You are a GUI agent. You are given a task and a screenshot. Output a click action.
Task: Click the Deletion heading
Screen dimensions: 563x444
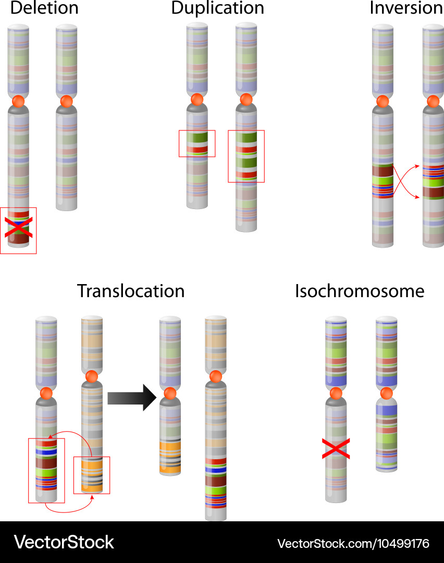pos(44,8)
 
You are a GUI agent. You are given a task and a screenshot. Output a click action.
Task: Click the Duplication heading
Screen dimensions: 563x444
pos(217,8)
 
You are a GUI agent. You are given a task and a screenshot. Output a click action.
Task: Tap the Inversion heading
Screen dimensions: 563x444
pos(406,8)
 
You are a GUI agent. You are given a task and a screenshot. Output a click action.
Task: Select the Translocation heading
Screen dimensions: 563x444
pos(131,291)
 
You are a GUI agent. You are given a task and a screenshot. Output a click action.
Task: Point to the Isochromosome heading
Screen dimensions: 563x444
pos(360,291)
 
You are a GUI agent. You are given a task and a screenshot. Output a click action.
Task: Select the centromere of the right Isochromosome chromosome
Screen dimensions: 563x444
pos(386,393)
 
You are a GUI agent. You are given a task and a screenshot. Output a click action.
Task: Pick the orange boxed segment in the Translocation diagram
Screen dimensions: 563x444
pos(92,474)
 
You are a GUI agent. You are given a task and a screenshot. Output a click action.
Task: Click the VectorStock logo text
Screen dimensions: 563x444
pos(64,542)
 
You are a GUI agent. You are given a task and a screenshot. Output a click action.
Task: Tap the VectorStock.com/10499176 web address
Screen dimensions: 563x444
pos(353,544)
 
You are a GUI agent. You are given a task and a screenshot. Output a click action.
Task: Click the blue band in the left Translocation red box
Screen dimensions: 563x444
pos(46,452)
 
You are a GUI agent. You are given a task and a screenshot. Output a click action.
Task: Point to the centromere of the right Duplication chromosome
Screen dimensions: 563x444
pos(246,99)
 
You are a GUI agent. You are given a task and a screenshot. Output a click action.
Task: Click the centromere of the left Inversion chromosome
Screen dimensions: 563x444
pos(383,102)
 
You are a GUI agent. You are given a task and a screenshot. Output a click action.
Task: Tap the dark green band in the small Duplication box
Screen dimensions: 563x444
pos(197,138)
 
